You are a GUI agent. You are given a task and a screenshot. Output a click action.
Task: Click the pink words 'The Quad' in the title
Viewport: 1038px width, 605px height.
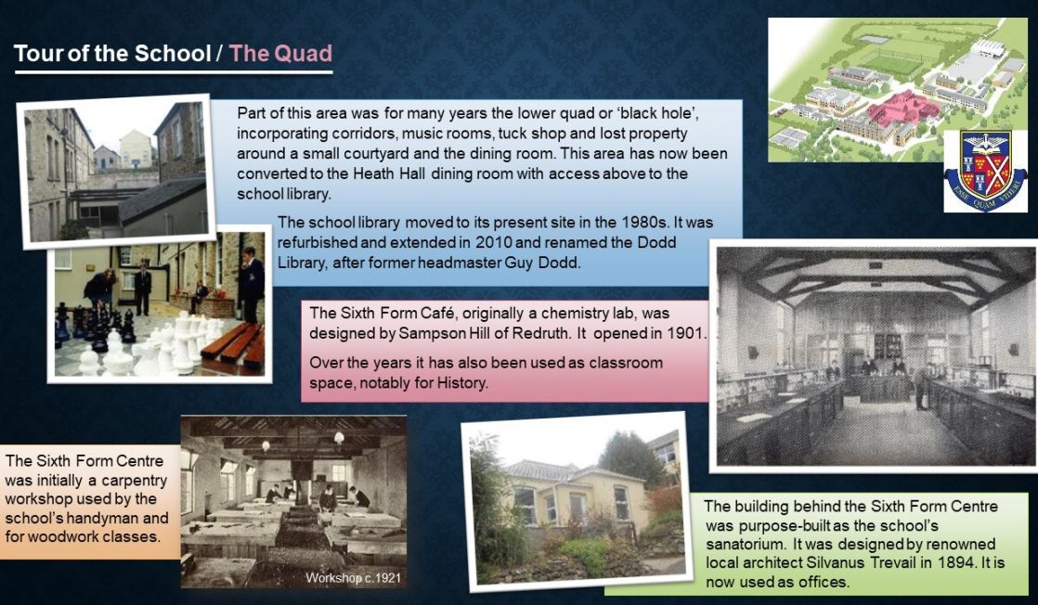pyautogui.click(x=280, y=53)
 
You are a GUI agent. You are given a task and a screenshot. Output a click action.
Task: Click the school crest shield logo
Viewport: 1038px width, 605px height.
pyautogui.click(x=985, y=170)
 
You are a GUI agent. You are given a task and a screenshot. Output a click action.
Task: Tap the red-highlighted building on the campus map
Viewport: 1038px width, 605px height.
pyautogui.click(x=902, y=109)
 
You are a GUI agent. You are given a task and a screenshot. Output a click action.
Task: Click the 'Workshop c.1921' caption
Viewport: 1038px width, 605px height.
pyautogui.click(x=353, y=578)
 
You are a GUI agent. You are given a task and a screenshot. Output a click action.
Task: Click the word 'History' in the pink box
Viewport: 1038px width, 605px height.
pyautogui.click(x=461, y=382)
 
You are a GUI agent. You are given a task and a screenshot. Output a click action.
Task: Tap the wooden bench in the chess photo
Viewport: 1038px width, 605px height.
pyautogui.click(x=234, y=344)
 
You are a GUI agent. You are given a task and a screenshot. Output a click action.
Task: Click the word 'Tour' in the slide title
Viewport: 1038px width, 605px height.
pyautogui.click(x=37, y=53)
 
